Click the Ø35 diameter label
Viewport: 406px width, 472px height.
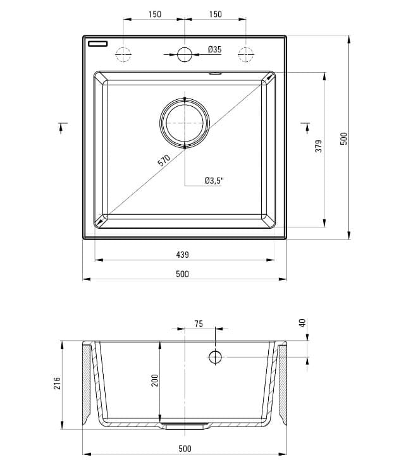[214, 49]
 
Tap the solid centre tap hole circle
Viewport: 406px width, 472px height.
[184, 54]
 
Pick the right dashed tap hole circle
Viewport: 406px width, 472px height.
[245, 54]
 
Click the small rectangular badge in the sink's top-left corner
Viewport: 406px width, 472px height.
[99, 44]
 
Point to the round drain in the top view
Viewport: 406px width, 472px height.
[184, 122]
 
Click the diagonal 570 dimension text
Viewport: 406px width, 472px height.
[164, 161]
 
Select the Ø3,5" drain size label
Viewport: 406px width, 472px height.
[214, 181]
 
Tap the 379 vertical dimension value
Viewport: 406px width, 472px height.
[319, 146]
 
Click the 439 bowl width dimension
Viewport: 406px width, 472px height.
[182, 255]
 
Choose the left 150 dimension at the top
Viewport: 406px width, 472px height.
[154, 14]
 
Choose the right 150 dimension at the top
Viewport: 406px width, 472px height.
[215, 14]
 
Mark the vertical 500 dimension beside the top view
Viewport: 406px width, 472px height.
[343, 138]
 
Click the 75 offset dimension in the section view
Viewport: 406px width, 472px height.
[199, 324]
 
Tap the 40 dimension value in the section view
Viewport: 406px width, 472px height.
[302, 323]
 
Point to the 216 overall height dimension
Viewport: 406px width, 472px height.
[56, 384]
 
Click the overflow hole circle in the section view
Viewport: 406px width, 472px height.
[215, 357]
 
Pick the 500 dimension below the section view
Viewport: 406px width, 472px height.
[184, 449]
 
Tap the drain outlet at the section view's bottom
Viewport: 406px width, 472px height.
[185, 426]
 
